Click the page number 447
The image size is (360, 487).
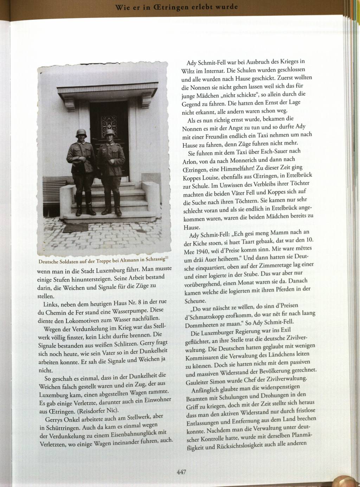pos(181,472)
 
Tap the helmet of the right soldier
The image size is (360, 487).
pos(110,133)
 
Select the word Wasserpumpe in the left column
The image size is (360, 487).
pos(134,311)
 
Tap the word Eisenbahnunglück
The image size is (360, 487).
pos(132,434)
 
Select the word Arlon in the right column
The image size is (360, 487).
pos(190,162)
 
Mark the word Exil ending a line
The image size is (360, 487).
pos(285,331)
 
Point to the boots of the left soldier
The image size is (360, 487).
pos(84,210)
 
